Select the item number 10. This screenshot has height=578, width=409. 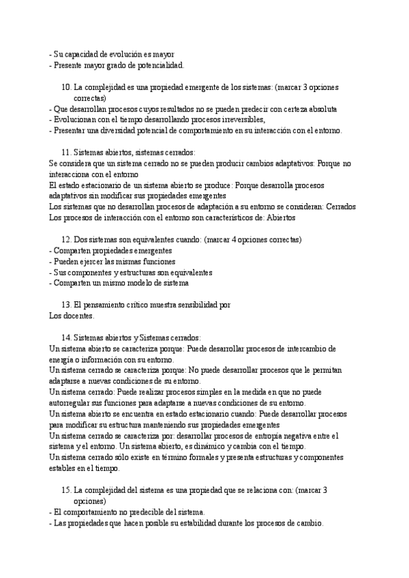click(x=66, y=88)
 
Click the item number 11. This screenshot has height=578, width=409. click(x=66, y=153)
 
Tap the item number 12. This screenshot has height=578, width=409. click(x=66, y=240)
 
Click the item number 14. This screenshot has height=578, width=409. click(x=66, y=337)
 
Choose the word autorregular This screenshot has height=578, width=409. click(x=74, y=403)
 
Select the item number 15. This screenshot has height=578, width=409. click(x=66, y=490)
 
